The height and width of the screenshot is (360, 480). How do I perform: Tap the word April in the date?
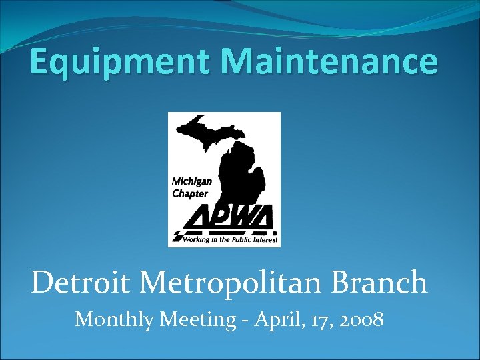tap(273, 321)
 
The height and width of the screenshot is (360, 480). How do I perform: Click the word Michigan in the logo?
tap(192, 181)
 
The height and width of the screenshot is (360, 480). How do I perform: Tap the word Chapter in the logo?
tap(190, 193)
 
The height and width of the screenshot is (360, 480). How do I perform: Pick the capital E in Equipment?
tap(40, 61)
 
